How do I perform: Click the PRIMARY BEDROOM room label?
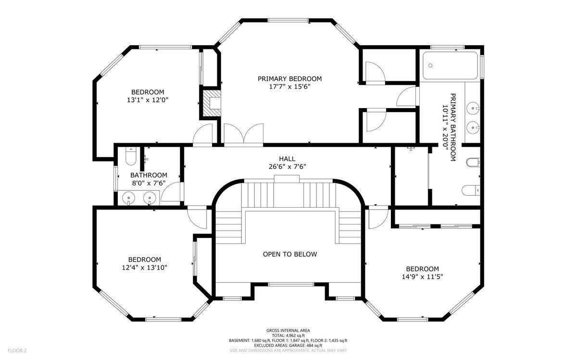(290, 79)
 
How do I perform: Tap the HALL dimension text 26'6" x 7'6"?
(287, 167)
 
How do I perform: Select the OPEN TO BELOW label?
(290, 254)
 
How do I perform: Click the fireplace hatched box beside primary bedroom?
(212, 103)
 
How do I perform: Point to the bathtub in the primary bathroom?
(450, 66)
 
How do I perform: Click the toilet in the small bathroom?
(131, 156)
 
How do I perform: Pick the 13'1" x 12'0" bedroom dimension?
(148, 100)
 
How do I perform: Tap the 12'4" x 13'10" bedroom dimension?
(145, 268)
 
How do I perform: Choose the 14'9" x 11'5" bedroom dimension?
(423, 277)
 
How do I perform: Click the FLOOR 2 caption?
(17, 350)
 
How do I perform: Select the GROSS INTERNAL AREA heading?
(288, 330)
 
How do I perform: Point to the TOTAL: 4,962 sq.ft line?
(288, 335)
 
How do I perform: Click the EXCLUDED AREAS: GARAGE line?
(288, 346)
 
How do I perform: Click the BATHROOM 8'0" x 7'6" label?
(149, 179)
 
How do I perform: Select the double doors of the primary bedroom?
(243, 134)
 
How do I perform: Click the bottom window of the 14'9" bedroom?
(413, 320)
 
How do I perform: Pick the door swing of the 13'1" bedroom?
(202, 134)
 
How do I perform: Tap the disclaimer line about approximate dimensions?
(288, 350)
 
